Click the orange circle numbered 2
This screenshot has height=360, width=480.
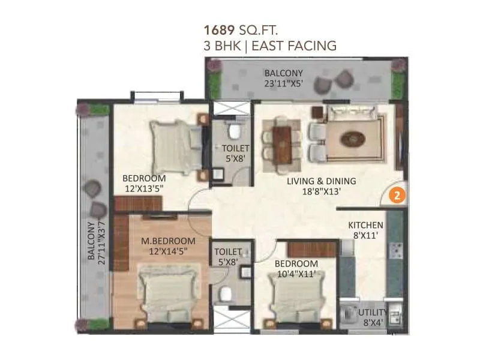395,195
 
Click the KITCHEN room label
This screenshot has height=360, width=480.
365,225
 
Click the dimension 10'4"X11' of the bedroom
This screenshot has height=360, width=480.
296,274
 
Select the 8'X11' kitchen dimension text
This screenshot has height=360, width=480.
365,236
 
